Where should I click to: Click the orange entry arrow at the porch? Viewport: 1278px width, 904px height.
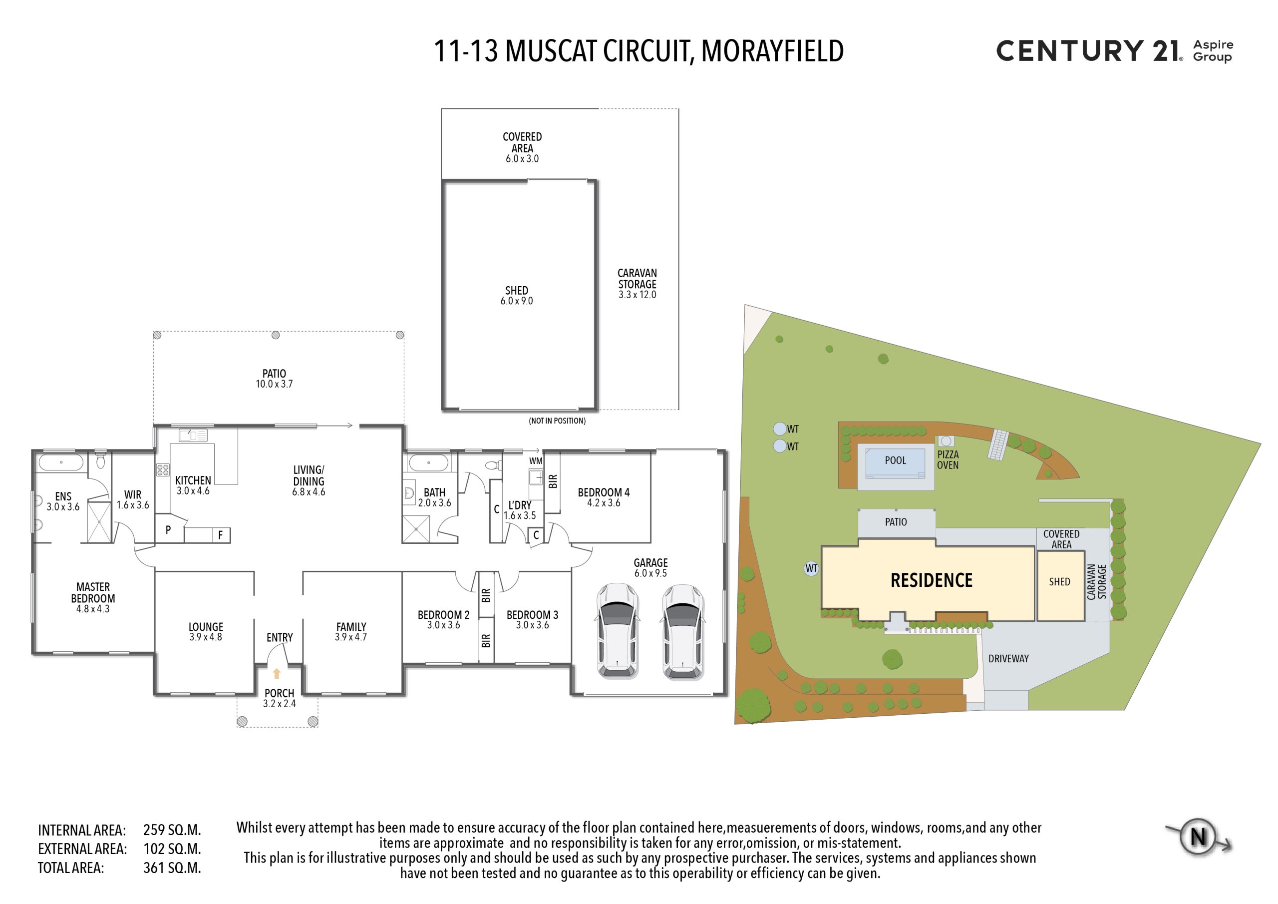[277, 673]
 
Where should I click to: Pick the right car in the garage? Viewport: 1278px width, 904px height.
[683, 632]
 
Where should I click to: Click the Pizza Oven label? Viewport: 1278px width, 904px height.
[948, 459]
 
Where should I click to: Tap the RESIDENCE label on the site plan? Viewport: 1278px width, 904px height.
[931, 580]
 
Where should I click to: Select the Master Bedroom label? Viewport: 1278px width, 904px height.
[93, 593]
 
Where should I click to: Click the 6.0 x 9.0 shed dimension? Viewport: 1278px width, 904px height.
[517, 301]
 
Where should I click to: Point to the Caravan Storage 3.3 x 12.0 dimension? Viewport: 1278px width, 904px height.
[638, 295]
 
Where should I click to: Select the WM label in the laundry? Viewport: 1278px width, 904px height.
[536, 460]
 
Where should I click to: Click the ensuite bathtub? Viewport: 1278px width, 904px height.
[61, 462]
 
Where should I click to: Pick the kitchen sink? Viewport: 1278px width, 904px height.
[193, 435]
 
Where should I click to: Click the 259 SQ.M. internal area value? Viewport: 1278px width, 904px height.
[172, 830]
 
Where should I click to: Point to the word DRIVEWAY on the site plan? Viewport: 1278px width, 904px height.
[1008, 658]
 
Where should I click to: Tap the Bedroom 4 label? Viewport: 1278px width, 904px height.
[604, 492]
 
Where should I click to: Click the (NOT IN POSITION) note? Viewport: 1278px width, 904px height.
[557, 421]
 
